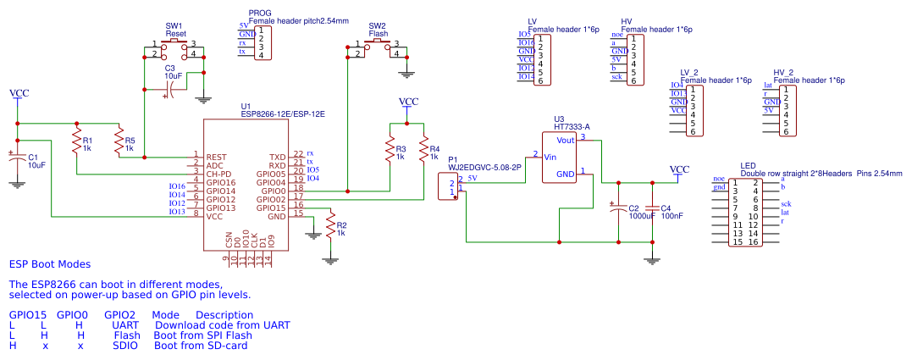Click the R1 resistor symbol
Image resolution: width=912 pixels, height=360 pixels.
coord(76,139)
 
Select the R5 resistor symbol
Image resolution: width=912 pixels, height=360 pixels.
coord(119,139)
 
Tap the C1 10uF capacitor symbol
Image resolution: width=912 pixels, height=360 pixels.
coord(16,159)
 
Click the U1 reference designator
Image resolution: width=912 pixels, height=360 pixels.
coord(246,105)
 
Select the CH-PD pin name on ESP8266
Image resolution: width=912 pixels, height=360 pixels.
coord(219,174)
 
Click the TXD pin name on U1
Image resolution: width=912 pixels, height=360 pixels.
coord(277,157)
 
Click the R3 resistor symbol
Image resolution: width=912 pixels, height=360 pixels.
coord(390,151)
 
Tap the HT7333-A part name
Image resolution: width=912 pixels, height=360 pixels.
coord(572,127)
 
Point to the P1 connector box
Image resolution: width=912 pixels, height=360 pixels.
coord(447,187)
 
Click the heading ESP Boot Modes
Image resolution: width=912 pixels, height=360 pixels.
coord(49,264)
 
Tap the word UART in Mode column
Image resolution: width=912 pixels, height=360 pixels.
coord(124,324)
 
